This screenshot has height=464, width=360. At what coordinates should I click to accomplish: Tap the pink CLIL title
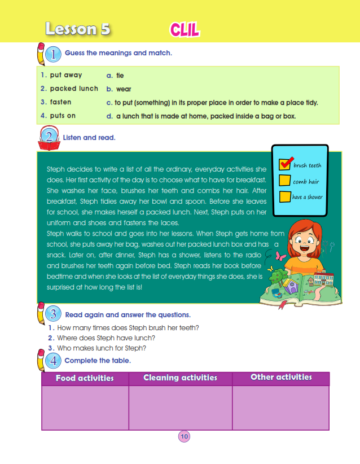tap(184, 29)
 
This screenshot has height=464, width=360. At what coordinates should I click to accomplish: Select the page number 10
tap(184, 436)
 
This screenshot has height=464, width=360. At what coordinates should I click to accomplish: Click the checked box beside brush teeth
tap(286, 165)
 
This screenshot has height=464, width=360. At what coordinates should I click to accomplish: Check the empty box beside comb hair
tap(286, 181)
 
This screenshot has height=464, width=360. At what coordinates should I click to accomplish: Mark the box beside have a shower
tap(286, 196)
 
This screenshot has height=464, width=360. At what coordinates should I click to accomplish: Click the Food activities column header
tap(85, 378)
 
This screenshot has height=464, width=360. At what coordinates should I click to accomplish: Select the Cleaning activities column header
tap(180, 378)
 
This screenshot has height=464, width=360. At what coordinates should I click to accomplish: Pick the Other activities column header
tap(280, 377)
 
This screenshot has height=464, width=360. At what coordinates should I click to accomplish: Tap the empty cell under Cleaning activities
tap(180, 408)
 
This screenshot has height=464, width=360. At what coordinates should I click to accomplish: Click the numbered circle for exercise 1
tap(53, 54)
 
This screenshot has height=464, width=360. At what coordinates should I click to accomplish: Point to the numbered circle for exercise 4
tap(53, 361)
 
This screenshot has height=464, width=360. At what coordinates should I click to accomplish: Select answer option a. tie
tap(116, 75)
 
